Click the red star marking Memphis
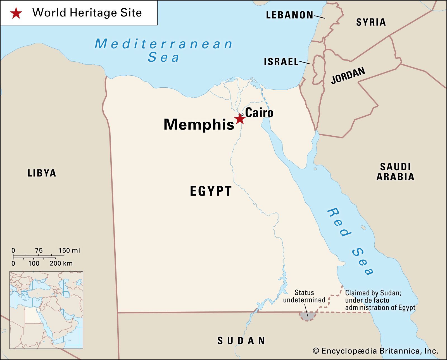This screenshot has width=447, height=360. click(240, 119)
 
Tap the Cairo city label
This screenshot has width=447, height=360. click(259, 113)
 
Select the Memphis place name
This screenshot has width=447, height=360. click(199, 124)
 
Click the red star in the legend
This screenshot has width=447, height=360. click(16, 13)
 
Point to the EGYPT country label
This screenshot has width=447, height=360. click(211, 191)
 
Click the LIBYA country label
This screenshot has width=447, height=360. click(42, 173)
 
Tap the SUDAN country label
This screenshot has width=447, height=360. click(241, 341)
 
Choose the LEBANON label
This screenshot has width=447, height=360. click(289, 15)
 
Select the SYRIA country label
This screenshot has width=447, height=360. click(371, 22)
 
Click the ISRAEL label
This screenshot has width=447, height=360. click(281, 62)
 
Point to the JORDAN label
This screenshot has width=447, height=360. click(348, 75)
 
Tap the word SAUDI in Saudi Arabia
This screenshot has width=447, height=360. click(395, 167)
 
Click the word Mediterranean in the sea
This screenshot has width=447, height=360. click(163, 44)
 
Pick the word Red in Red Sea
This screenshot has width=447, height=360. click(339, 222)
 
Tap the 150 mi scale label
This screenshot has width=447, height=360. click(69, 250)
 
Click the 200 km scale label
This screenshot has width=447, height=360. click(61, 263)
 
